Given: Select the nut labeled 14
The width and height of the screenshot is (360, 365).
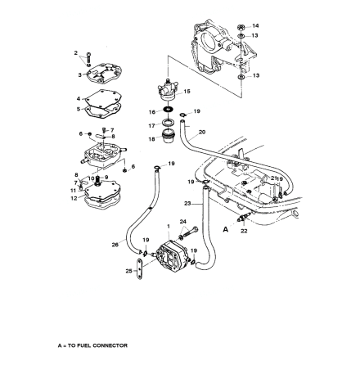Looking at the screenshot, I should click(x=241, y=27).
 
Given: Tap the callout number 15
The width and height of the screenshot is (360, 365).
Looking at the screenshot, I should click(x=189, y=92).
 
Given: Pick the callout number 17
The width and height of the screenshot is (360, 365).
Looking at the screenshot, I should click(x=151, y=125).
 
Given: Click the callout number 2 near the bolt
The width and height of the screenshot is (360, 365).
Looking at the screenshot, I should click(x=76, y=53).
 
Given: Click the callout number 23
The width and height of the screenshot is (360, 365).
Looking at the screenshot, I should click(x=187, y=202).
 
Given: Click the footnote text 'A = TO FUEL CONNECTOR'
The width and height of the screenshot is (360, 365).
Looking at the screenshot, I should click(x=92, y=345).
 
